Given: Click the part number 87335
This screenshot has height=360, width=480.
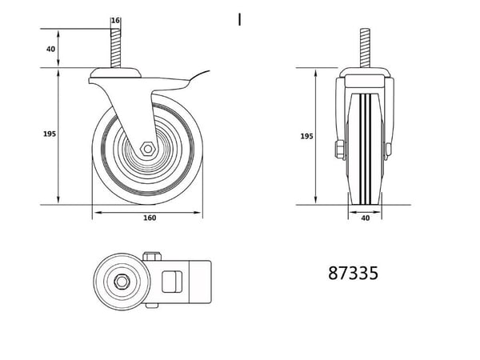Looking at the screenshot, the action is coord(353,273).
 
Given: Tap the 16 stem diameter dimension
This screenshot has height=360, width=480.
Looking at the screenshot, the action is coord(115,21).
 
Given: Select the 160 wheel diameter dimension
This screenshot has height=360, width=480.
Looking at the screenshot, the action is coord(150,218).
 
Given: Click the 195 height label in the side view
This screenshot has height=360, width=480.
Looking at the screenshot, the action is coord(50,134).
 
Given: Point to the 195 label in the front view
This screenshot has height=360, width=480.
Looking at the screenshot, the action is coord(306,136).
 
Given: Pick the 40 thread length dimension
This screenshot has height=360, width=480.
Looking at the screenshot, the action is coord(51,49).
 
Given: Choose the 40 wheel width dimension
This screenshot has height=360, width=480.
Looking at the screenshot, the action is coord(366,218).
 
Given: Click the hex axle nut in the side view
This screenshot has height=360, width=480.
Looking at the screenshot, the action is coord(148,149).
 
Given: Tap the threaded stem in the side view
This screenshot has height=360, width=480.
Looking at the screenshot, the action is coord(116,48).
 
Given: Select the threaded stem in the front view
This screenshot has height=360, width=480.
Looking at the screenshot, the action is coord(365,48).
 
